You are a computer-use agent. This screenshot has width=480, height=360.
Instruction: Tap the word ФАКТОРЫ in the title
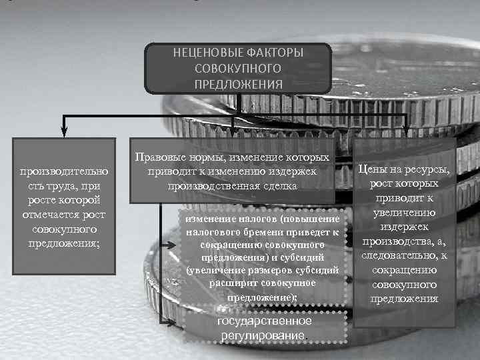275,52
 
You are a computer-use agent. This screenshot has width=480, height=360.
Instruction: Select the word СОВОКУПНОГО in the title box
238,68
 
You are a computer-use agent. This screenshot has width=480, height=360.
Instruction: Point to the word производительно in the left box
64,171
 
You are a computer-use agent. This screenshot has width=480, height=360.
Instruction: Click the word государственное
265,321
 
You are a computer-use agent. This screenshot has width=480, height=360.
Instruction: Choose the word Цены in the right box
373,169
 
